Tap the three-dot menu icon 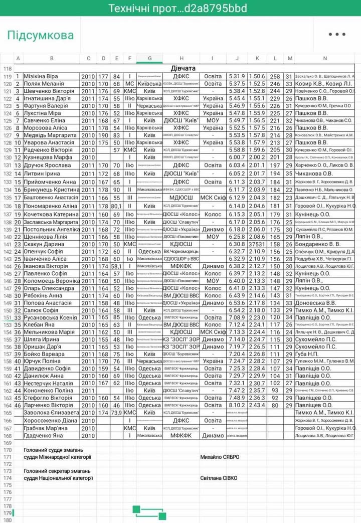pyautogui.click(x=337, y=35)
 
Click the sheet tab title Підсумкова pyautogui.click(x=40, y=35)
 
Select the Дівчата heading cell pyautogui.click(x=183, y=68)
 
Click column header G pyautogui.click(x=149, y=59)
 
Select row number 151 pyautogui.click(x=7, y=318)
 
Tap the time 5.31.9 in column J pyautogui.click(x=237, y=76)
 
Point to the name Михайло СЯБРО pyautogui.click(x=220, y=457)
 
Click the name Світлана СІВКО pyautogui.click(x=219, y=478)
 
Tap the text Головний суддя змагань pyautogui.click(x=54, y=450)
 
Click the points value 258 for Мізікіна pyautogui.click(x=275, y=76)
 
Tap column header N pyautogui.click(x=325, y=59)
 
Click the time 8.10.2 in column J pyautogui.click(x=237, y=406)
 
